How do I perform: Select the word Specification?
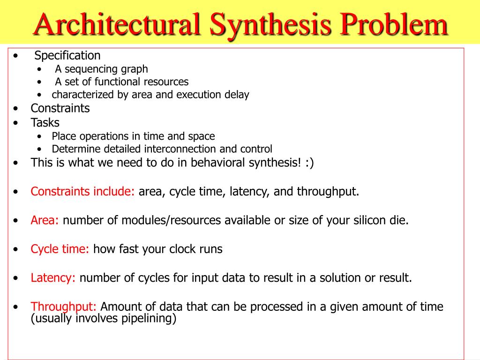[x=67, y=56]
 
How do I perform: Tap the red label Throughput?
[x=64, y=307]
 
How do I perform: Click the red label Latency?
[x=53, y=278]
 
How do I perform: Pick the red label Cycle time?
[x=60, y=249]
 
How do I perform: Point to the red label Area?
[x=45, y=220]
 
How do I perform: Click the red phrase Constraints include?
[x=82, y=192]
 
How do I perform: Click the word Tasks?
[x=45, y=123]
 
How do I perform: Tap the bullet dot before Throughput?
[x=16, y=307]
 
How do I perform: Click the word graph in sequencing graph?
[x=135, y=69]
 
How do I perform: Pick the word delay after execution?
[x=237, y=95]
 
